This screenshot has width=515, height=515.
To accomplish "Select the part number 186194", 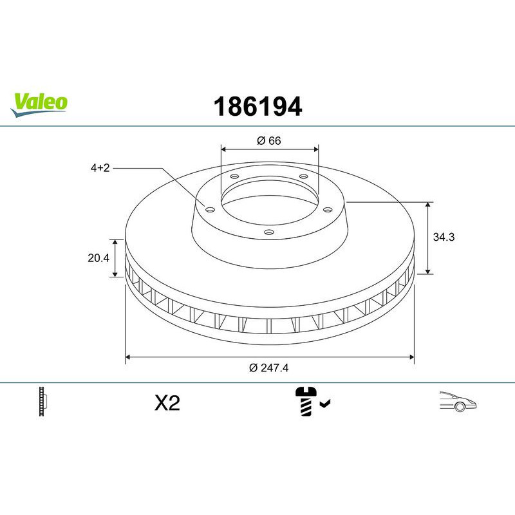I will tap(257, 107).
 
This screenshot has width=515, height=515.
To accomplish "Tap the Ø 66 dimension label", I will tap(270, 141).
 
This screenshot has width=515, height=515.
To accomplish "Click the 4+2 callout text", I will tap(100, 167).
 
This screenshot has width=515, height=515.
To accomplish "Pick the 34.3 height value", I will tap(444, 237).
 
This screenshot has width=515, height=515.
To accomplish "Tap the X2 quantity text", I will tap(167, 404).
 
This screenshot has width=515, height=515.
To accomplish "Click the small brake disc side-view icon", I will tap(44, 402).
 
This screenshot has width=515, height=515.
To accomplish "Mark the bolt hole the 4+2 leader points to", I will tap(209, 207).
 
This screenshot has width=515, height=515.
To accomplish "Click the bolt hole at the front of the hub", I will tap(269, 232).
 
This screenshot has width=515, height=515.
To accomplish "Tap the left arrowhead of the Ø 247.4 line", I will tap(128, 355).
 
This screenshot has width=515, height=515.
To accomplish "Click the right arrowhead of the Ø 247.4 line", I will tap(410, 355).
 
